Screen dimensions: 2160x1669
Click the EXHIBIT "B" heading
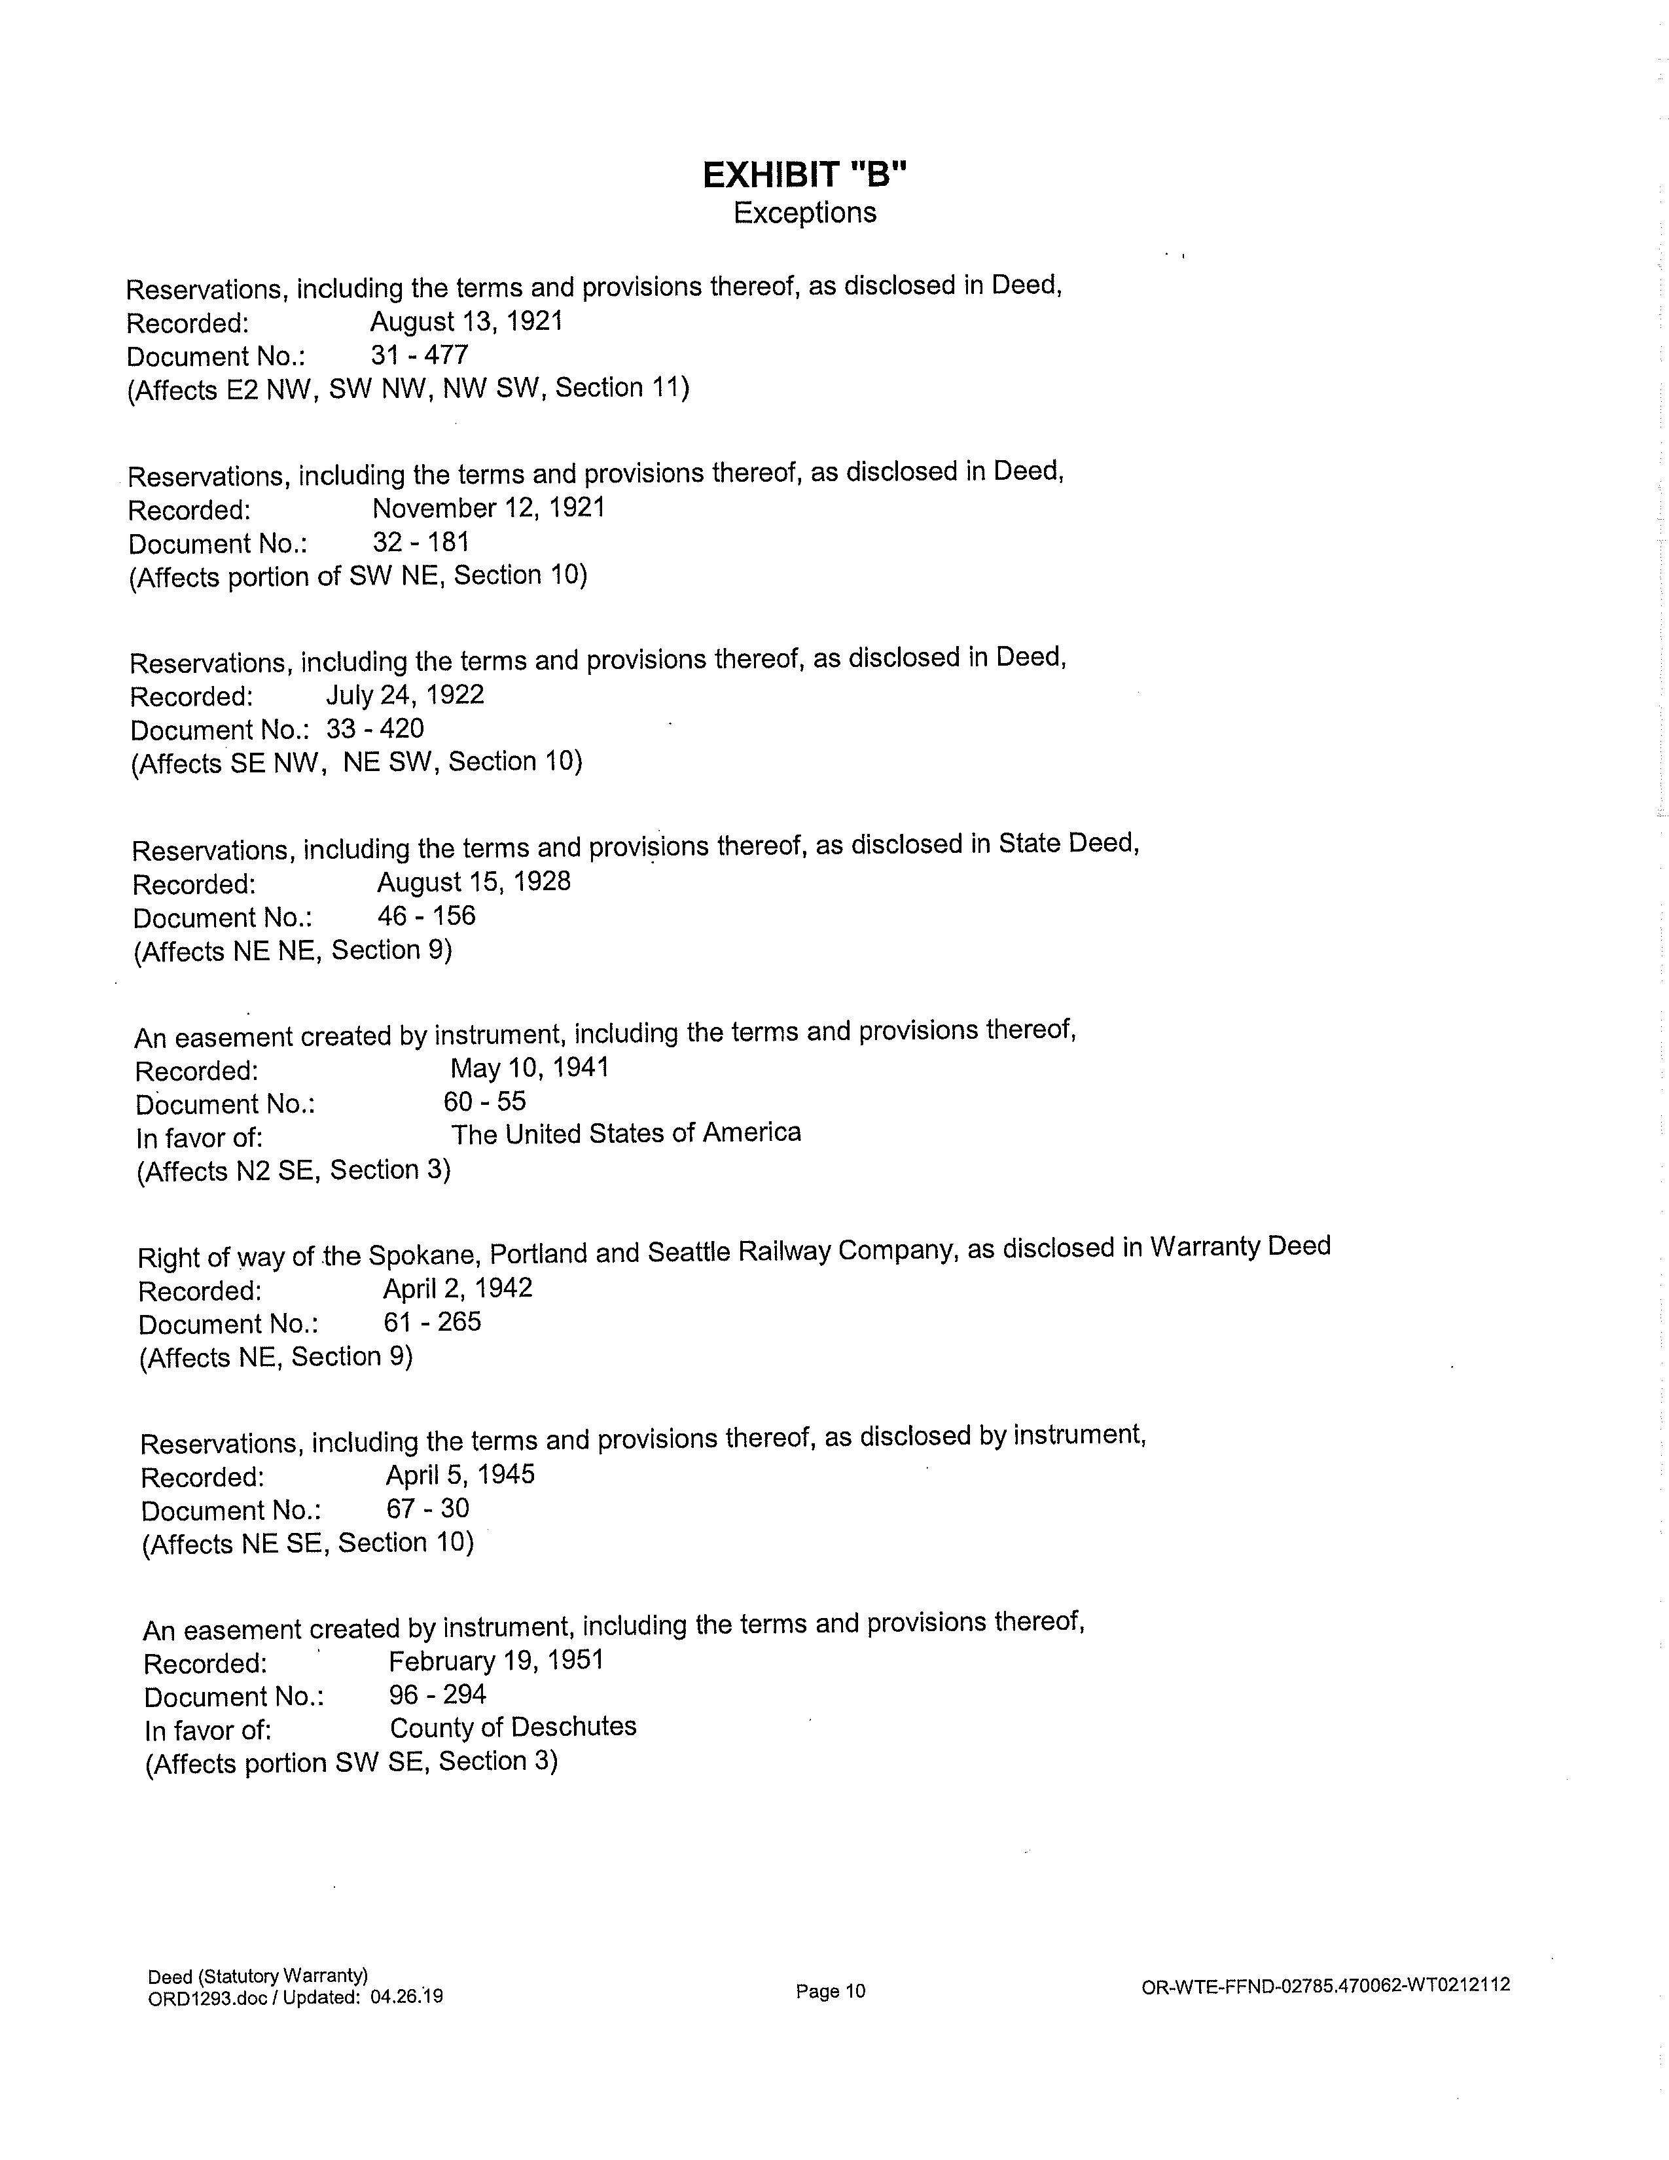point(805,175)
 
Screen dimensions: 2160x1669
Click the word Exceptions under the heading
point(805,213)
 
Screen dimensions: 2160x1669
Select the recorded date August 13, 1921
point(467,321)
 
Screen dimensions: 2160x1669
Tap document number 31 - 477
point(420,355)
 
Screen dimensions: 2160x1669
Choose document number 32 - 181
point(422,542)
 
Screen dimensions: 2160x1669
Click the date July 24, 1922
point(405,694)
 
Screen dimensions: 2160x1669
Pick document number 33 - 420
point(375,729)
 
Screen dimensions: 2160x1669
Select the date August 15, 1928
point(474,881)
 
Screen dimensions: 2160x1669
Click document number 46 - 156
point(426,916)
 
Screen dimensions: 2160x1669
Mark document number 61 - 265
point(432,1322)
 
